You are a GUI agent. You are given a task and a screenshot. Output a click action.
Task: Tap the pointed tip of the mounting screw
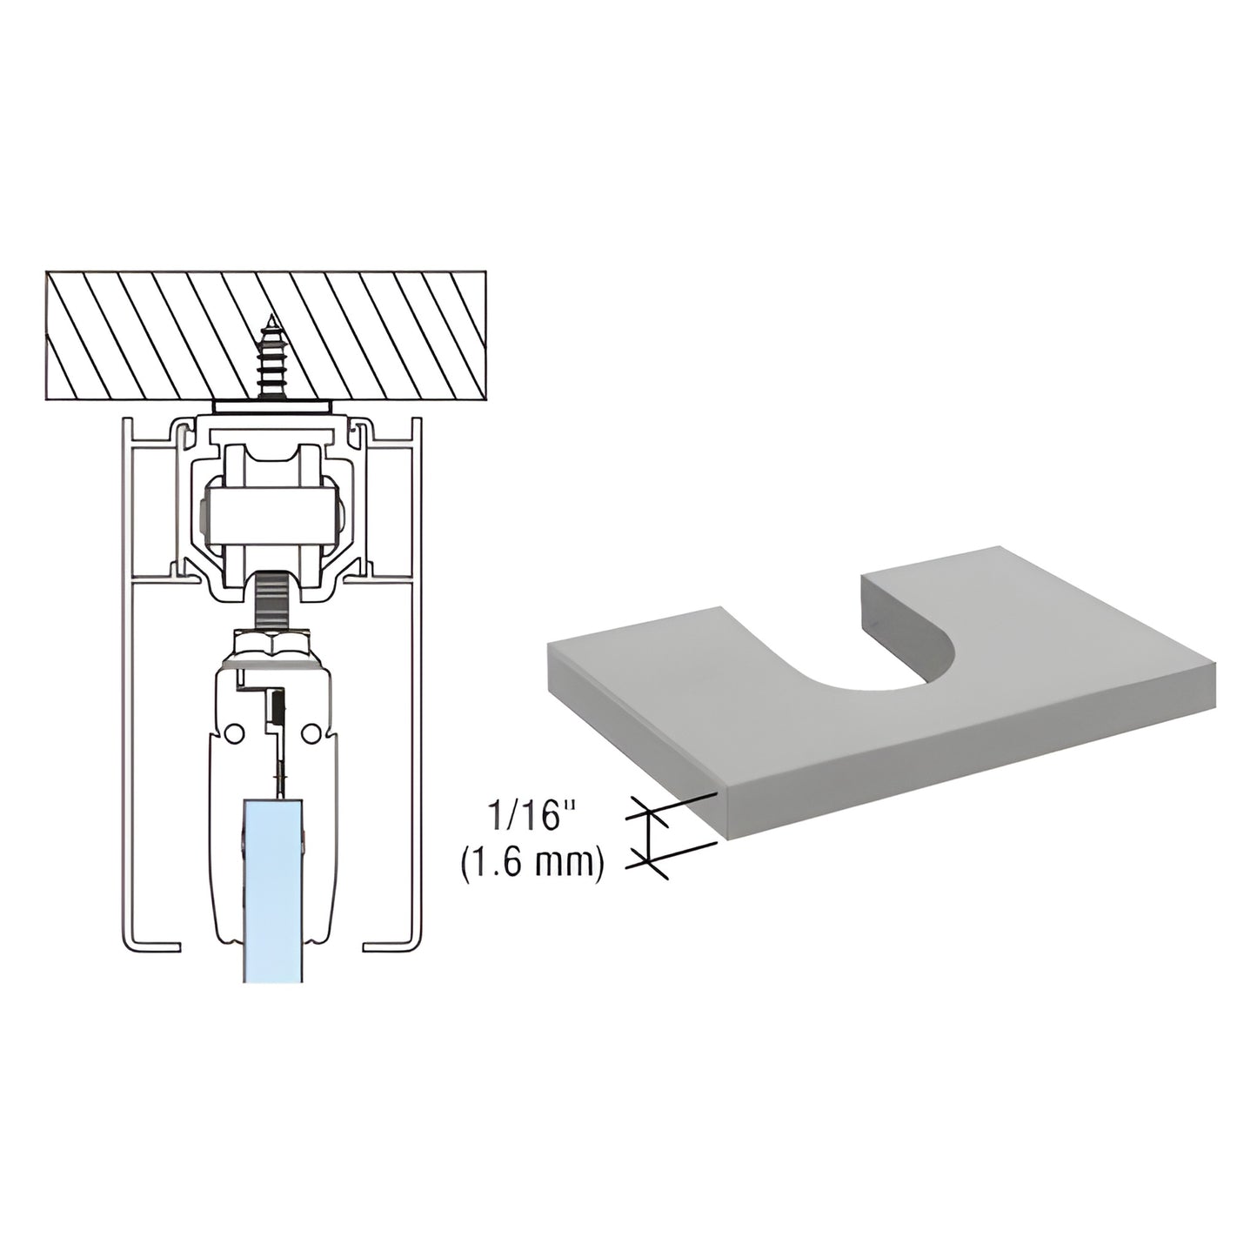pos(271,318)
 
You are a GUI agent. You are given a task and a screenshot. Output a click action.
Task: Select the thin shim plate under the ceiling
pos(271,406)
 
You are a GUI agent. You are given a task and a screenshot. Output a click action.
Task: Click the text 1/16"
pos(532,818)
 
